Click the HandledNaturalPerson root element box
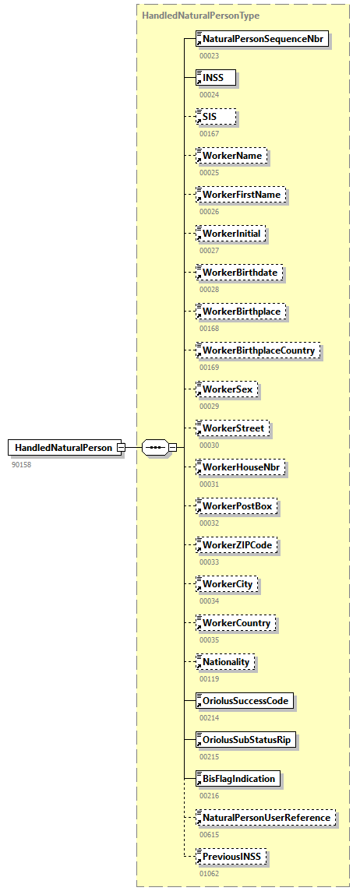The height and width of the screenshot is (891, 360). tap(65, 447)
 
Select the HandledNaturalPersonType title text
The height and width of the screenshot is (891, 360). tap(201, 15)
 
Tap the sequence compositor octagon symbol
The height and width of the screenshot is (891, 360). tap(156, 447)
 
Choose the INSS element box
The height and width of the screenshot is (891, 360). tap(215, 77)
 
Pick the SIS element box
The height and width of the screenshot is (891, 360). tap(215, 116)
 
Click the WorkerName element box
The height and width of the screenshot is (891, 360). tap(231, 156)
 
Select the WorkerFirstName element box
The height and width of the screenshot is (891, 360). tap(242, 195)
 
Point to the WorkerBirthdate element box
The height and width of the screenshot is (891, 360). tap(240, 273)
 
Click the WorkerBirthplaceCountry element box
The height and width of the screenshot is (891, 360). tap(258, 350)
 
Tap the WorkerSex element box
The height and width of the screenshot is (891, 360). tap(227, 389)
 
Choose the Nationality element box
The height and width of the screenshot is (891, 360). tap(225, 662)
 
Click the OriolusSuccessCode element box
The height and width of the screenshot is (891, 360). tap(245, 701)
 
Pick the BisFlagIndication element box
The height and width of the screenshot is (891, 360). tap(238, 779)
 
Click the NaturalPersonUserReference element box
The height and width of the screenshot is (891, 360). tap(266, 818)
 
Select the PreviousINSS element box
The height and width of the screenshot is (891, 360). tap(232, 857)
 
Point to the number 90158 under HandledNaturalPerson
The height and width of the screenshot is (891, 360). tap(23, 464)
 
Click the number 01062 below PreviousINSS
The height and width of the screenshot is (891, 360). tap(209, 874)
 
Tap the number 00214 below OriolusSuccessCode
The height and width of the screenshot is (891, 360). tap(209, 718)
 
